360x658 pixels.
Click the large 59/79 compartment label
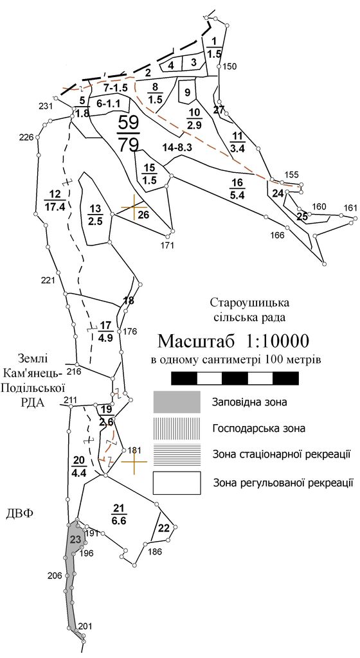pos(129,134)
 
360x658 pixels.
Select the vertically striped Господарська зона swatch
pos(177,429)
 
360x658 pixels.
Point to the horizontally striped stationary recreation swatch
pos(177,454)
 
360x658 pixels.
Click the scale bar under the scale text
pos(235,378)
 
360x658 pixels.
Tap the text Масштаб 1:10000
pos(234,341)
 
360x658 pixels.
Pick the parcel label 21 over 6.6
pos(119,515)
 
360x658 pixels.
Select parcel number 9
pos(187,93)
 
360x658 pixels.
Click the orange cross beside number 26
pos(134,207)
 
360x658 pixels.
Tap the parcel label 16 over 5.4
pos(237,188)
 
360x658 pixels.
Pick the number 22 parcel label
pos(164,528)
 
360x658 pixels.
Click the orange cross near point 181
pos(134,461)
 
